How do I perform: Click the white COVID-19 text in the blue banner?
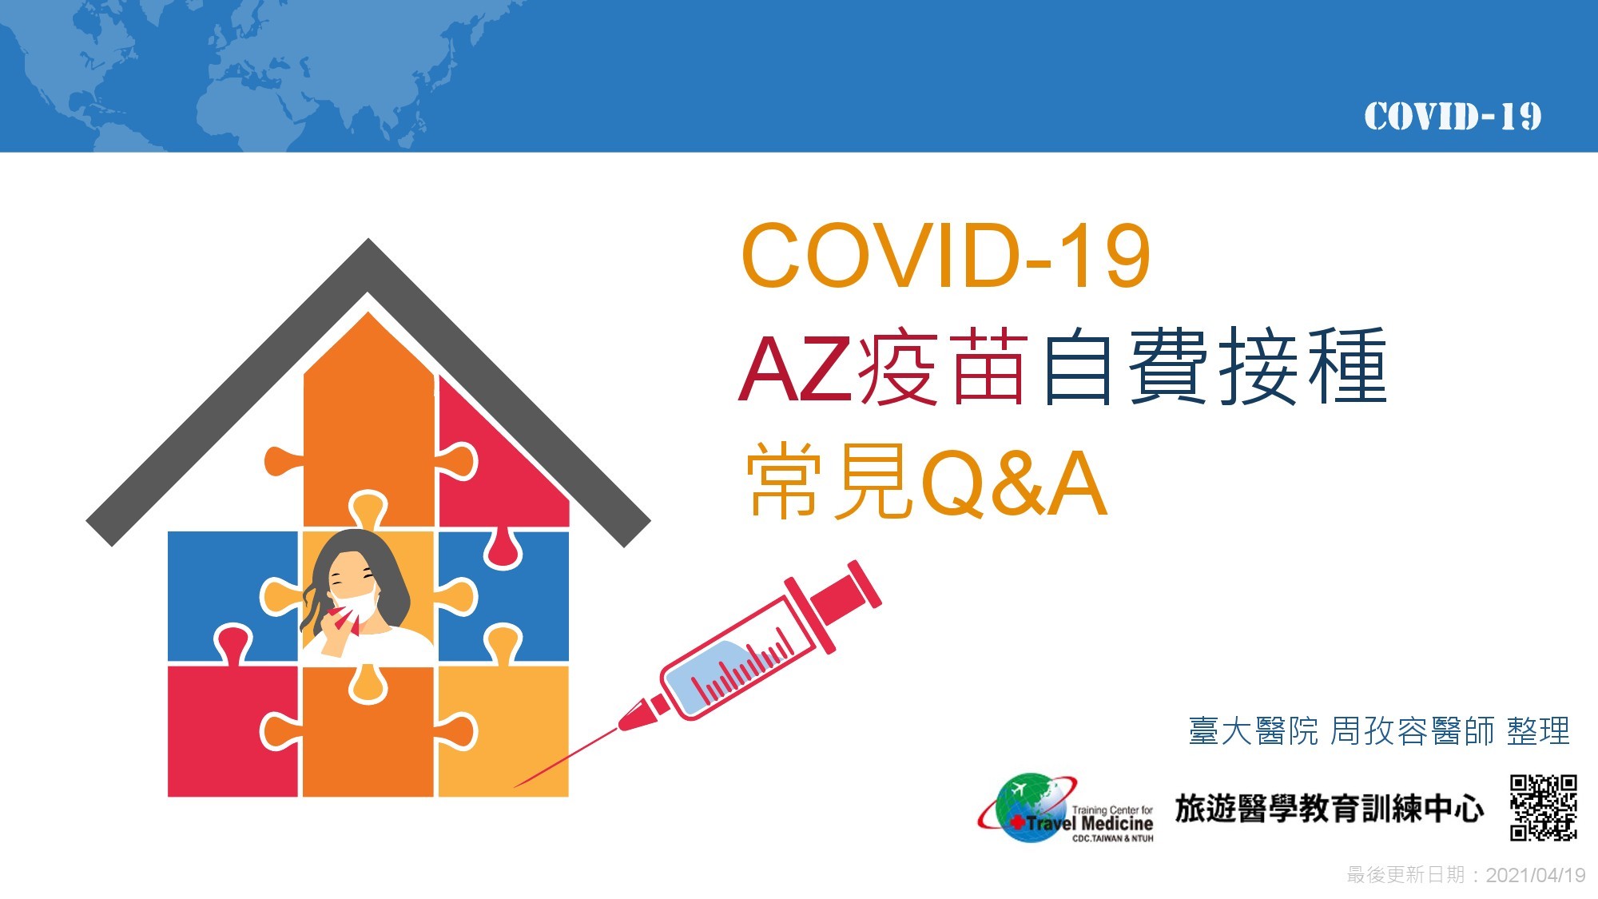pyautogui.click(x=1453, y=117)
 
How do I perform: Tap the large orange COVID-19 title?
pyautogui.click(x=946, y=255)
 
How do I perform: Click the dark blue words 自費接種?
pyautogui.click(x=1214, y=366)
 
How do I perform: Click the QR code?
pyautogui.click(x=1543, y=807)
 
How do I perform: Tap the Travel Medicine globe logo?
pyautogui.click(x=1066, y=808)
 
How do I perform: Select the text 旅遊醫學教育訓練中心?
pyautogui.click(x=1330, y=809)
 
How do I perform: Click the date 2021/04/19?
pyautogui.click(x=1536, y=875)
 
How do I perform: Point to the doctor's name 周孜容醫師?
pyautogui.click(x=1412, y=731)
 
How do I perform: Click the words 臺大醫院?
pyautogui.click(x=1253, y=731)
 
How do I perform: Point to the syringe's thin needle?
pyautogui.click(x=565, y=758)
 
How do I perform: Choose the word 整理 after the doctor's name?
pyautogui.click(x=1538, y=731)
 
